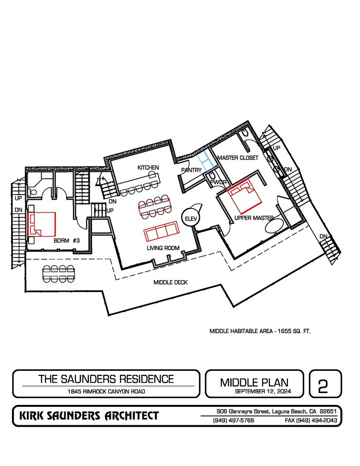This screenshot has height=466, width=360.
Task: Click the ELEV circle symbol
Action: click(190, 218)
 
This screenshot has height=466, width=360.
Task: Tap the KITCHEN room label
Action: click(148, 167)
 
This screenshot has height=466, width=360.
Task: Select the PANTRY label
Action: click(191, 170)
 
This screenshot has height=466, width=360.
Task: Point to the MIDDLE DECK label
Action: click(171, 282)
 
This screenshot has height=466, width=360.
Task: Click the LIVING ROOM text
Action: click(163, 248)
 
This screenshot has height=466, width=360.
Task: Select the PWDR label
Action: click(218, 182)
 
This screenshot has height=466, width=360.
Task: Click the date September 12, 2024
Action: click(254, 392)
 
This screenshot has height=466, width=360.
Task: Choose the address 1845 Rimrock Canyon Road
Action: click(106, 392)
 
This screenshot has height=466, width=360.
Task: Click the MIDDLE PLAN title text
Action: click(254, 382)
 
